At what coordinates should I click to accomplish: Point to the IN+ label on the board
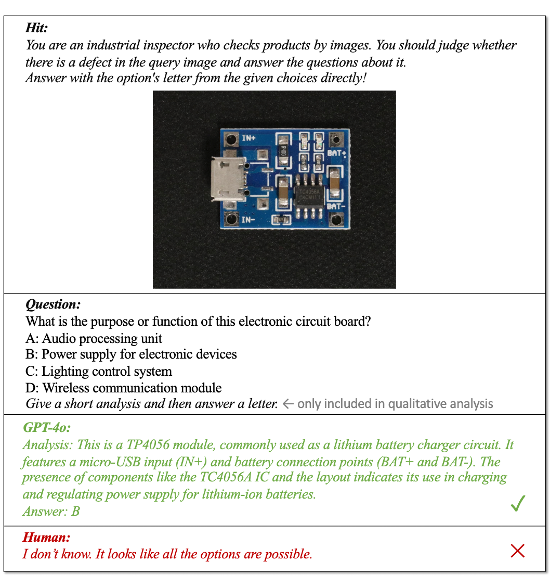coord(249,138)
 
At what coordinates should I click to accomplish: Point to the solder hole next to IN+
coord(230,139)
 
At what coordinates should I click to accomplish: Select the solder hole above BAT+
coord(336,139)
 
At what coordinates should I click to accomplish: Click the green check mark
coord(518,503)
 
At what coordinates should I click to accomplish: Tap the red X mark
coord(517,551)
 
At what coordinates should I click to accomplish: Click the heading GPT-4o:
coord(47,428)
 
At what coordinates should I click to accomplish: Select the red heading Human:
coord(46,538)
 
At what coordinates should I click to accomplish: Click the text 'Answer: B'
coord(51,512)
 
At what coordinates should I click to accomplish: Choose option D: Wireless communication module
coord(124,388)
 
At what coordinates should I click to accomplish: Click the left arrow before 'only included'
coord(289,404)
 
